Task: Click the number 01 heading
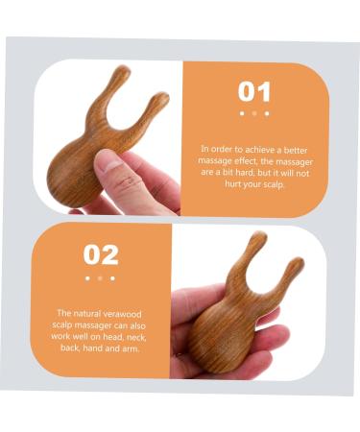[x=254, y=92]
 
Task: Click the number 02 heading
[x=101, y=254]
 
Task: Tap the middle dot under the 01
[x=254, y=113]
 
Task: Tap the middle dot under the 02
[x=100, y=278]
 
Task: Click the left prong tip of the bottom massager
[x=259, y=236]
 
